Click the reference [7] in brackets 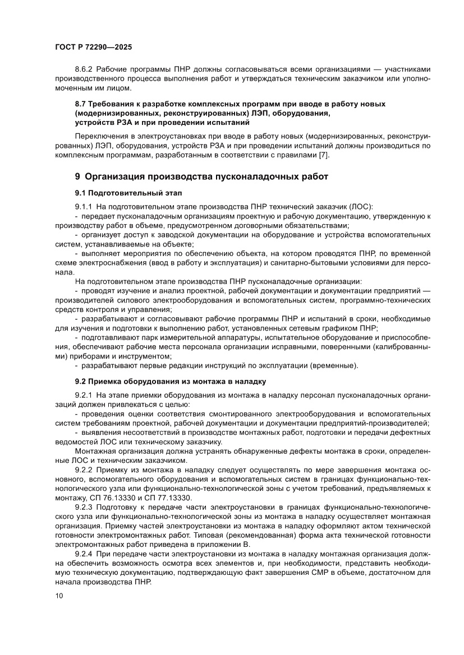pos(324,155)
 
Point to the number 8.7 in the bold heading pos(81,105)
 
